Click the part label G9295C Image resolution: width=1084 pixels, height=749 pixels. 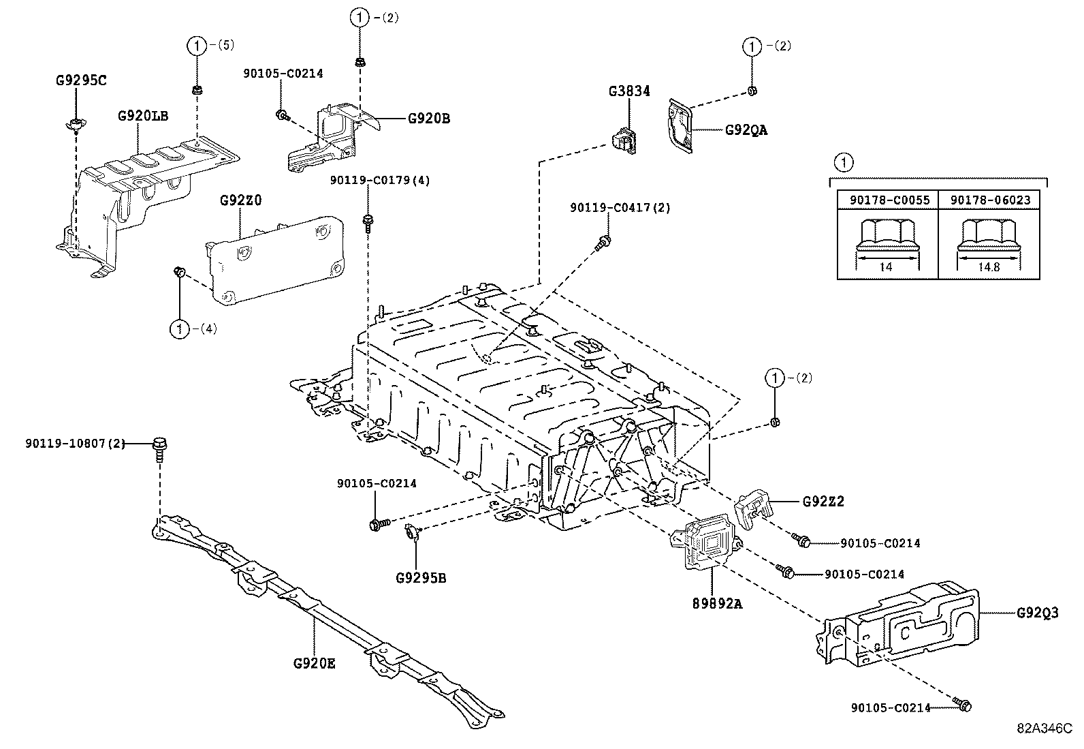click(x=81, y=80)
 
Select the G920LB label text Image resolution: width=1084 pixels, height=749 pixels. click(x=143, y=116)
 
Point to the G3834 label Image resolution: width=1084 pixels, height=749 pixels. click(x=629, y=91)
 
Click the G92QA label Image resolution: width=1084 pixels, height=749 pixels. click(x=746, y=129)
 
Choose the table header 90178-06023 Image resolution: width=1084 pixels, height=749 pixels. click(x=990, y=200)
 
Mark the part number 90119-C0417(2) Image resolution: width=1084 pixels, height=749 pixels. click(x=620, y=208)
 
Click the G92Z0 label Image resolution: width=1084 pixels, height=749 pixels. click(x=240, y=201)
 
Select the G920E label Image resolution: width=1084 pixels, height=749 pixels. click(x=315, y=662)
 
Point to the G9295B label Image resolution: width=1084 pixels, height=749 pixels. click(x=421, y=579)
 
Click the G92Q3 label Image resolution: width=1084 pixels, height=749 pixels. click(x=1038, y=613)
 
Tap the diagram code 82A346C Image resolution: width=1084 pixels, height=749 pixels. click(x=1045, y=727)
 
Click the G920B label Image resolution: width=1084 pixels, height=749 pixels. click(x=429, y=118)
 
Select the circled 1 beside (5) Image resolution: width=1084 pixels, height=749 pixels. click(x=196, y=46)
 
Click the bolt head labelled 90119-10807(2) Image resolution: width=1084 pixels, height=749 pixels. click(x=160, y=444)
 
